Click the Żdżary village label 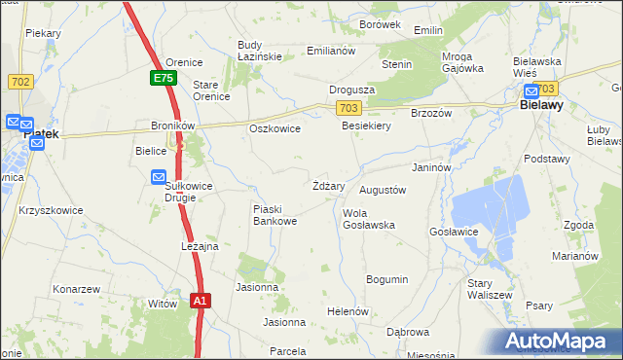tap(328, 185)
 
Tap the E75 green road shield tap(164, 78)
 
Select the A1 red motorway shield tap(200, 302)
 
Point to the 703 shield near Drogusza tap(350, 106)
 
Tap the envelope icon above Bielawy tap(532, 90)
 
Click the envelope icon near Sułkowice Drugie tap(159, 177)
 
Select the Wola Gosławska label tap(368, 219)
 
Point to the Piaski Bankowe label tap(275, 215)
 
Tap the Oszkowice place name tap(275, 128)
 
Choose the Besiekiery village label tap(366, 126)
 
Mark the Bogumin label tap(386, 279)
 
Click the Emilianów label tap(331, 50)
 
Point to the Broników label tap(173, 126)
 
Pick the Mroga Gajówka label tap(462, 62)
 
